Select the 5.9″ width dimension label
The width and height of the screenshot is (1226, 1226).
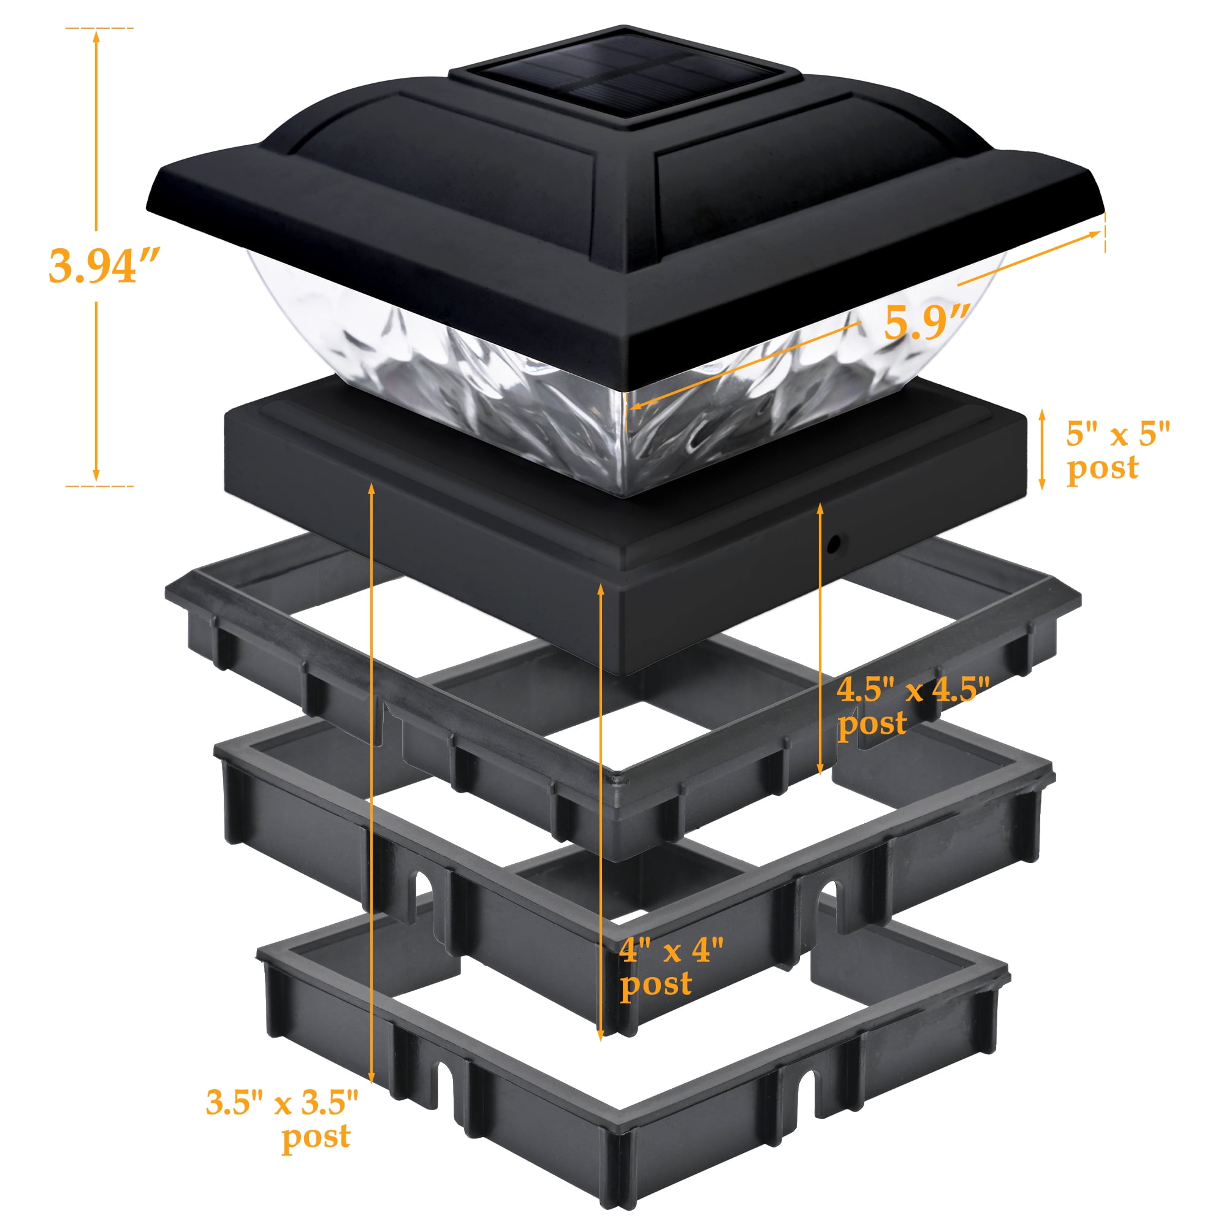tap(927, 322)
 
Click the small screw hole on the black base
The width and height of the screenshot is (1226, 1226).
tap(834, 543)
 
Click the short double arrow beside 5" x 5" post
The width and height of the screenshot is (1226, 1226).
tap(1041, 449)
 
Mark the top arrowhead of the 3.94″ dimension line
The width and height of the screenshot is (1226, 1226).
tap(96, 36)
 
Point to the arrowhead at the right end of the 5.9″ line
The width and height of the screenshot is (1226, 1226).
tap(1094, 234)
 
